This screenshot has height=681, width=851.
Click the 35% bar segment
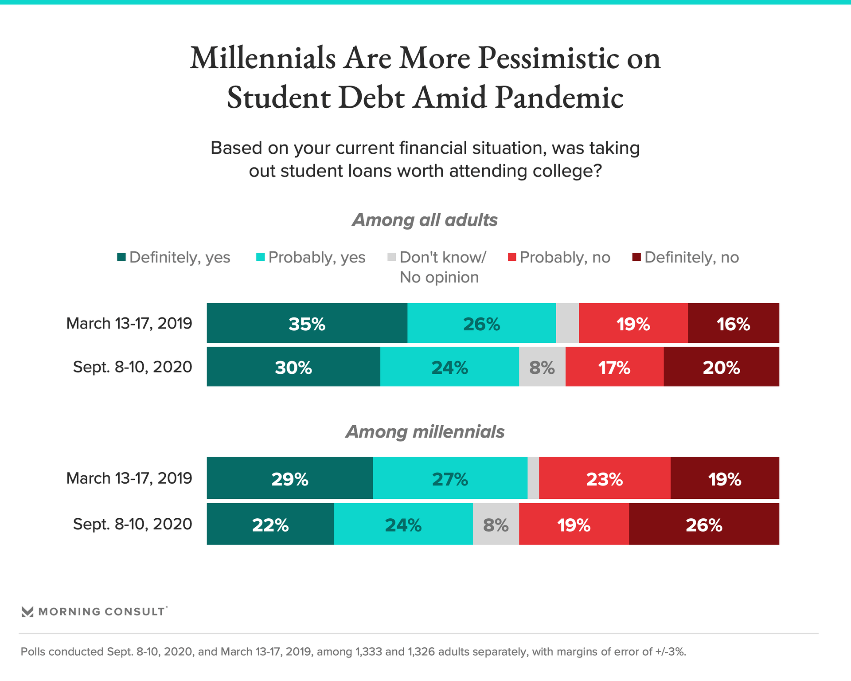click(307, 323)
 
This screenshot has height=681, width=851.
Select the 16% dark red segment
click(733, 323)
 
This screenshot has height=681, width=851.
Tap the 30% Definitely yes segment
click(293, 367)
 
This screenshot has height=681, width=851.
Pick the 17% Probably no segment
click(614, 367)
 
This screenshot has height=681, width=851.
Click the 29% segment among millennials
click(289, 478)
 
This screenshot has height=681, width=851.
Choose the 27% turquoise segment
click(450, 478)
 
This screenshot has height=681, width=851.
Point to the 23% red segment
click(605, 478)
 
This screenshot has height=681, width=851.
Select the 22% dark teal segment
click(270, 524)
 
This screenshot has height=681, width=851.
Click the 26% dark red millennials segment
click(704, 524)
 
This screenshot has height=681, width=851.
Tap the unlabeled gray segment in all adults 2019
click(567, 323)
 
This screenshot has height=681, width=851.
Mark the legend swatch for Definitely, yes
click(121, 257)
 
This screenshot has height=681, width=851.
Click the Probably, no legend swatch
click(512, 257)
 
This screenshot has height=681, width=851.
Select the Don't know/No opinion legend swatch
click(392, 257)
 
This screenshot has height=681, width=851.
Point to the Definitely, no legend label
click(691, 257)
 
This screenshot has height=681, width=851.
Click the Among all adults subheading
click(425, 220)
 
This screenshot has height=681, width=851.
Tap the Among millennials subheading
click(425, 432)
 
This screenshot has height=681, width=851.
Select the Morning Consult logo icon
click(27, 612)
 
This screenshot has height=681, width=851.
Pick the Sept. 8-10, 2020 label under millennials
click(132, 524)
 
